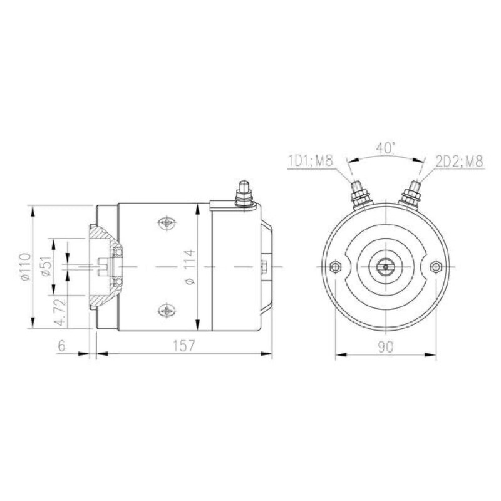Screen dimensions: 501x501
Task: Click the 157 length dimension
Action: click(x=183, y=346)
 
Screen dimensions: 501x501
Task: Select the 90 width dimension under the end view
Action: click(x=386, y=347)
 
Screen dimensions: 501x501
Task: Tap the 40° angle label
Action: click(x=386, y=148)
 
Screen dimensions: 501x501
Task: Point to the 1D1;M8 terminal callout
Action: click(x=311, y=161)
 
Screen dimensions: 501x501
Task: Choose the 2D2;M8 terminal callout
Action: click(x=460, y=162)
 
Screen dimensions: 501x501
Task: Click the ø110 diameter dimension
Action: click(x=26, y=267)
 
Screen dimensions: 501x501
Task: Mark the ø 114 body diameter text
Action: click(x=190, y=267)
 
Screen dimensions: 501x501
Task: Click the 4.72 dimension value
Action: click(x=60, y=311)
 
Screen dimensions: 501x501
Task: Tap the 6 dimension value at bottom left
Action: click(x=61, y=346)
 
